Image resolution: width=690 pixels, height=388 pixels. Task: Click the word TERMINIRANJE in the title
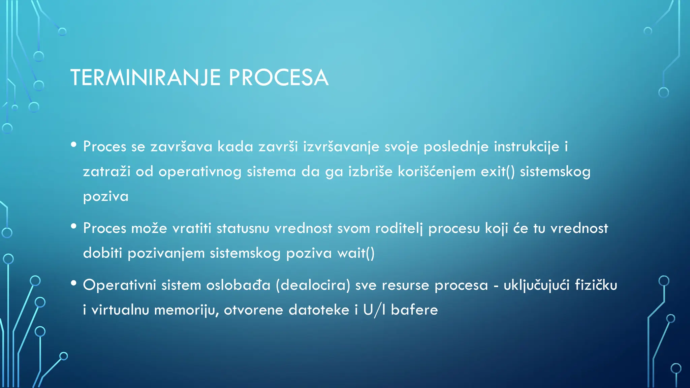click(x=145, y=78)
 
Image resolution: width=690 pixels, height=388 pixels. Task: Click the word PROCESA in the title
click(x=278, y=78)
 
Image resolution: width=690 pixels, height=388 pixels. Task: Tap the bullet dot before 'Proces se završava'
click(x=74, y=145)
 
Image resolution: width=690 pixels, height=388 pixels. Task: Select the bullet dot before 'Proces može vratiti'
click(x=74, y=226)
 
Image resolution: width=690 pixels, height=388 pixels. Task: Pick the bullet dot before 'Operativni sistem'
click(x=74, y=283)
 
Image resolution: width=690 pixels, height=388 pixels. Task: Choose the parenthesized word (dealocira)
click(x=313, y=285)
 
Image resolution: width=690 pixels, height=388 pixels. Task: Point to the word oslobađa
click(x=238, y=285)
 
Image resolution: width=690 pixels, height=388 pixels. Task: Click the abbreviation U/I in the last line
click(x=374, y=310)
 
